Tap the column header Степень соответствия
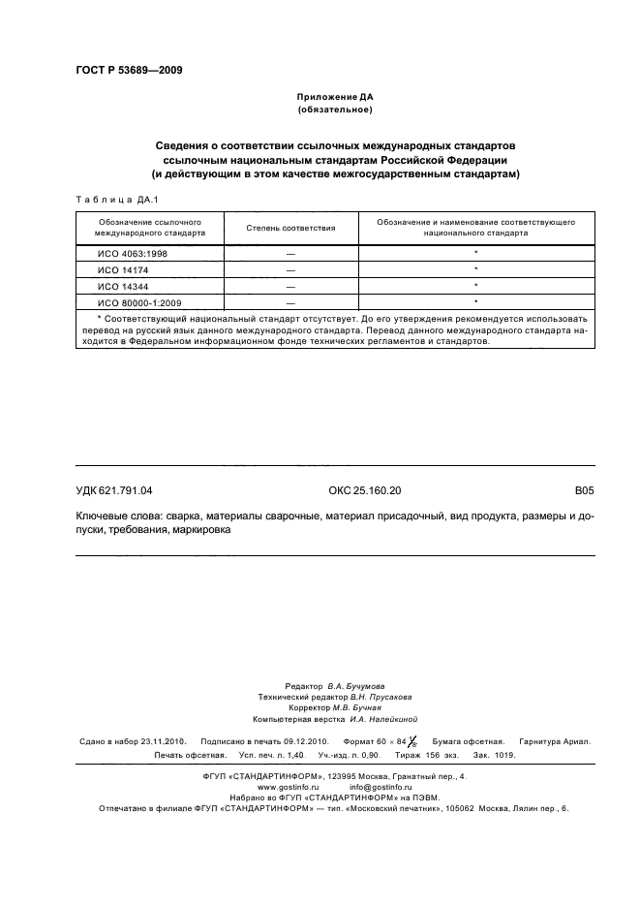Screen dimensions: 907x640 point(290,228)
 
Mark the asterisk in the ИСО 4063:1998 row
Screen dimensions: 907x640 point(476,252)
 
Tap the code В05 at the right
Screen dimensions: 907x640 point(583,491)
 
